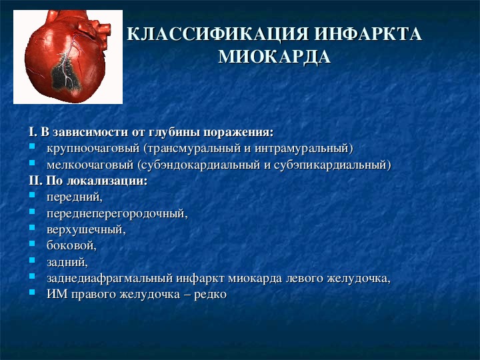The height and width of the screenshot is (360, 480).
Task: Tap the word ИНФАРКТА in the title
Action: tap(369, 34)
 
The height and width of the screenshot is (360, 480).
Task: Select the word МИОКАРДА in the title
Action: tap(275, 57)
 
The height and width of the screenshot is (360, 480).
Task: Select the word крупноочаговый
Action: tap(93, 149)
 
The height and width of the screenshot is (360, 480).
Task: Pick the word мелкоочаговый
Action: tap(90, 165)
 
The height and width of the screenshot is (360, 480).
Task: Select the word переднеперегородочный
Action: tap(117, 213)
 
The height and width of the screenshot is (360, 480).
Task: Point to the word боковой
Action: tap(71, 245)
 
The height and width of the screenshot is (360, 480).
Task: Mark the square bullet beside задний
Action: tap(32, 260)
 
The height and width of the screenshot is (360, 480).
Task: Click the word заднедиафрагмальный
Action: tap(109, 278)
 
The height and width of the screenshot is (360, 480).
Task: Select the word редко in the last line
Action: tap(210, 295)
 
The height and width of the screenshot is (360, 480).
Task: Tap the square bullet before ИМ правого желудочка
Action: tap(32, 292)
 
